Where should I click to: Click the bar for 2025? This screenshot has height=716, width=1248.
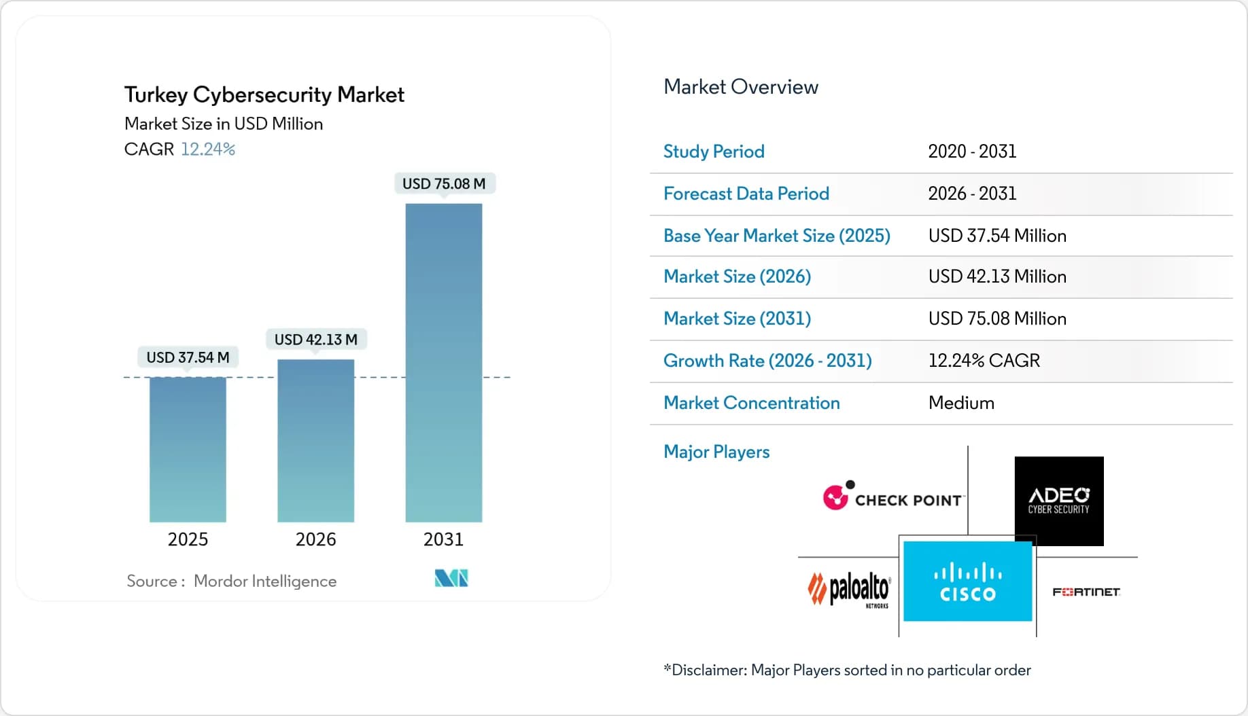tap(188, 449)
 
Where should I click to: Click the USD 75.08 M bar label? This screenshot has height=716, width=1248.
tap(444, 183)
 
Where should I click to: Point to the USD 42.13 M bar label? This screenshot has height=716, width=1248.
tap(315, 339)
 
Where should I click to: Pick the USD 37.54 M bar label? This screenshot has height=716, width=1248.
tap(188, 357)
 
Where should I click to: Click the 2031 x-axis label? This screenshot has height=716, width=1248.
tap(443, 539)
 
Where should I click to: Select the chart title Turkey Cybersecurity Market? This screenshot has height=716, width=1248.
tap(264, 94)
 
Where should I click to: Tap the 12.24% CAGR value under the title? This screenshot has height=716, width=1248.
tap(208, 149)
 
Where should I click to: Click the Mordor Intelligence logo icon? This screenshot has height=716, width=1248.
tap(451, 578)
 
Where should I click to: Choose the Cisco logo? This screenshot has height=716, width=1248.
tap(967, 581)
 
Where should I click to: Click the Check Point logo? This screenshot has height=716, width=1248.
tap(893, 497)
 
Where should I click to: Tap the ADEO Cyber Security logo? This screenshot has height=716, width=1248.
tap(1058, 501)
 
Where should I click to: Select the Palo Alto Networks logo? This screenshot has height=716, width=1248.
tap(849, 589)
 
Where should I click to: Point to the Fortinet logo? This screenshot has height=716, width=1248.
tap(1086, 592)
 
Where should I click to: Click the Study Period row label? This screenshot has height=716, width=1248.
tap(714, 151)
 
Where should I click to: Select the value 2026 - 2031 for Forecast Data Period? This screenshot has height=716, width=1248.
tap(972, 194)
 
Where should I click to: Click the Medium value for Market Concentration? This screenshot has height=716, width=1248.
tap(961, 403)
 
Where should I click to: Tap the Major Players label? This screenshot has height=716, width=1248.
tap(716, 452)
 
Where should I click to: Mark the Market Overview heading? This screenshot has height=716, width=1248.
tap(741, 87)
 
